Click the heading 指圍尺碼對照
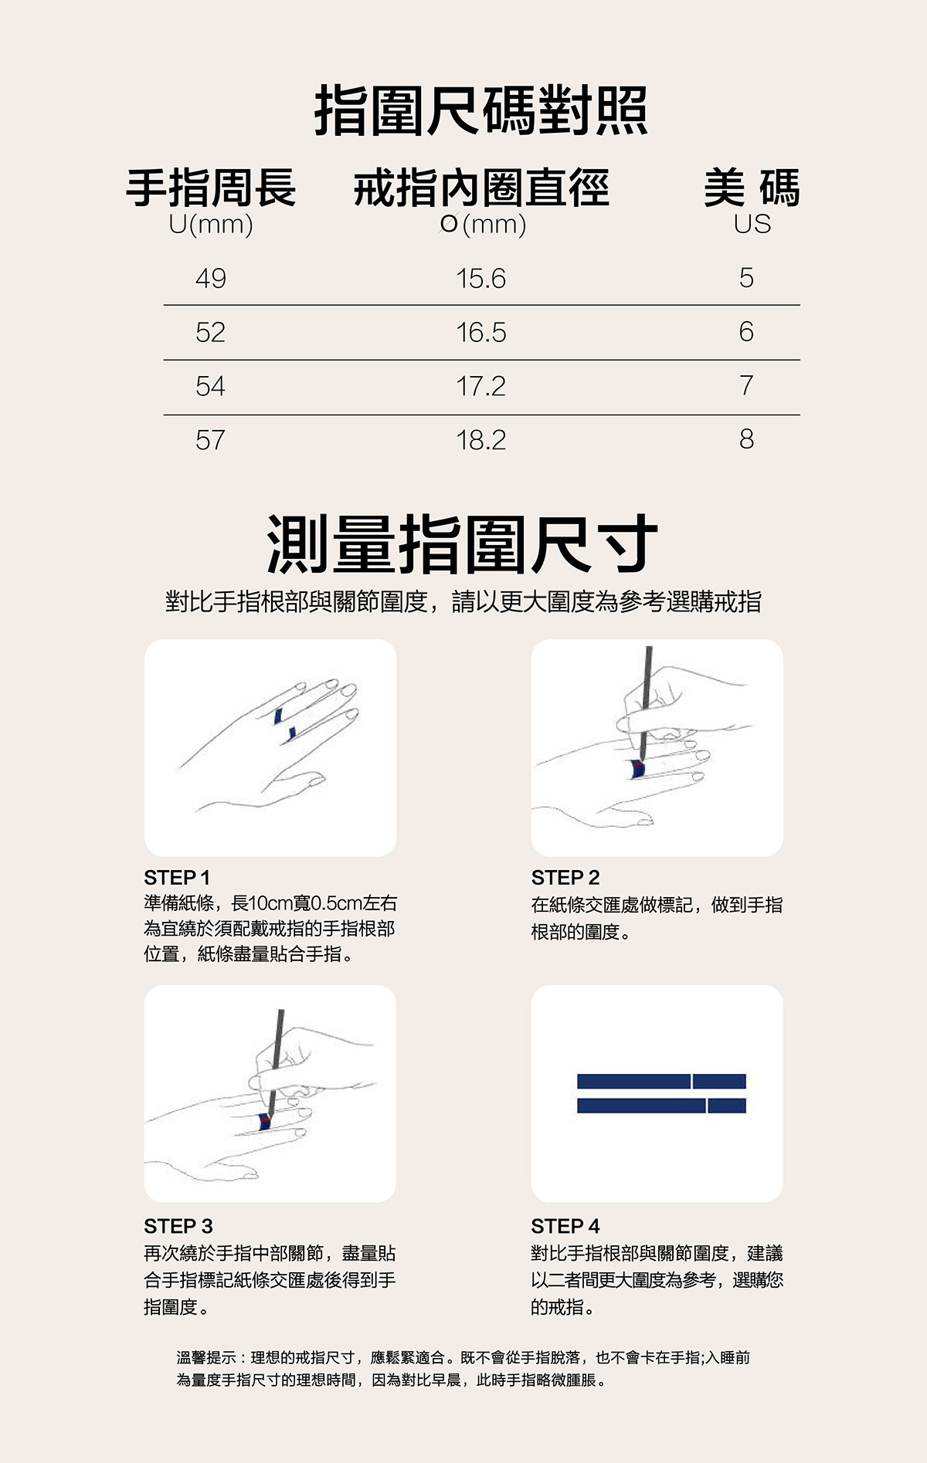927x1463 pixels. tap(480, 112)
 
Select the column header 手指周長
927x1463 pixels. tap(211, 188)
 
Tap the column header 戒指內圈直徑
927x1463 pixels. tap(482, 188)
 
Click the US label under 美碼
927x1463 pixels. tap(752, 225)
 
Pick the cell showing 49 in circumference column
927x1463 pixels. tap(210, 278)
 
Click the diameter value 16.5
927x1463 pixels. tap(480, 333)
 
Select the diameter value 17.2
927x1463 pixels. tap(480, 386)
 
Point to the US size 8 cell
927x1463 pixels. tap(745, 439)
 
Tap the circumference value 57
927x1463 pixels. tap(210, 440)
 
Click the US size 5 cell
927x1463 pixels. tap(745, 278)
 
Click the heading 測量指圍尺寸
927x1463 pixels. tap(462, 544)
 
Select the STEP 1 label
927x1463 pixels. tap(177, 878)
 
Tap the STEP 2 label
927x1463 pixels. tap(565, 878)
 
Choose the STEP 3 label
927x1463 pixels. tap(178, 1226)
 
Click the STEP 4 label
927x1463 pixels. tap(565, 1226)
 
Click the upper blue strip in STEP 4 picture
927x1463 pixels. tap(660, 1081)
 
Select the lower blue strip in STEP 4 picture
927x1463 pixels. tap(660, 1106)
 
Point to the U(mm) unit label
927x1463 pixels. tap(211, 225)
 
